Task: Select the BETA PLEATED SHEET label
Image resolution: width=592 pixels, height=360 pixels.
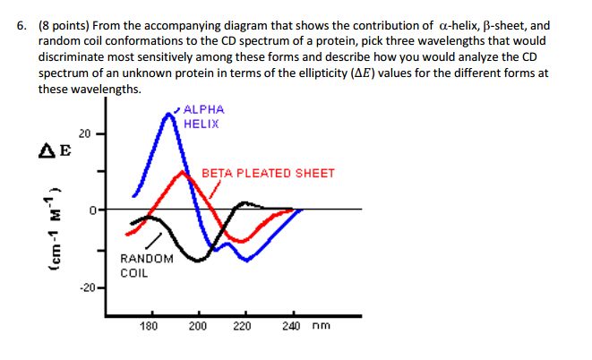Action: pyautogui.click(x=269, y=173)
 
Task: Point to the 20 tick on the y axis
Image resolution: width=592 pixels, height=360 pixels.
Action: pyautogui.click(x=83, y=133)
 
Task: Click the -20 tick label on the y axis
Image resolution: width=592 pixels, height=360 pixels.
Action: pyautogui.click(x=86, y=287)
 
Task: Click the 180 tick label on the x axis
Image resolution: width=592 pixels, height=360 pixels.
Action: pyautogui.click(x=150, y=327)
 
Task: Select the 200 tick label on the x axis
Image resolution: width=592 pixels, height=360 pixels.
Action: pyautogui.click(x=197, y=327)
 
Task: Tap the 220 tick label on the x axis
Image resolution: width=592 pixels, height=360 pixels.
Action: pyautogui.click(x=242, y=327)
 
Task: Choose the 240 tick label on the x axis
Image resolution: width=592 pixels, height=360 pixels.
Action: pyautogui.click(x=290, y=327)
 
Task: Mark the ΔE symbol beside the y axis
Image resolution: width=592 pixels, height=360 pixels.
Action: pyautogui.click(x=55, y=152)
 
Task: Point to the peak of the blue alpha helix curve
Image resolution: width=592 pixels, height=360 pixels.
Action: pyautogui.click(x=170, y=114)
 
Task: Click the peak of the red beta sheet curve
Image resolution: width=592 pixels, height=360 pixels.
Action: pyautogui.click(x=184, y=171)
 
